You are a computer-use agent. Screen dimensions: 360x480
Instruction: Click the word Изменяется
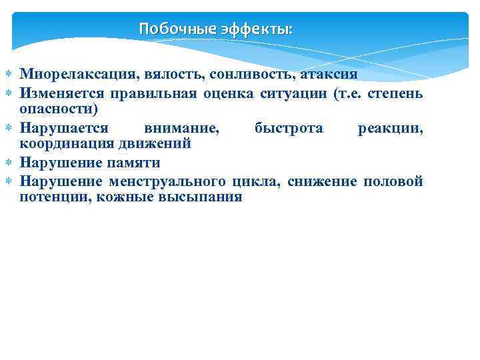[59, 92]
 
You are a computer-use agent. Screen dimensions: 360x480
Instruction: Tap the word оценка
[225, 92]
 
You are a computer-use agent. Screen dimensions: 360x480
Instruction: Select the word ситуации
[291, 92]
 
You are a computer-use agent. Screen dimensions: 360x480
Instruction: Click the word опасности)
[59, 109]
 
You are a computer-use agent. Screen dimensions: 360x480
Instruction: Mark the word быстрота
[289, 127]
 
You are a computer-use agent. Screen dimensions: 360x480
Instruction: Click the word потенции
[55, 198]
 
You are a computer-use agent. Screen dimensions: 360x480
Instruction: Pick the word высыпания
[202, 198]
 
